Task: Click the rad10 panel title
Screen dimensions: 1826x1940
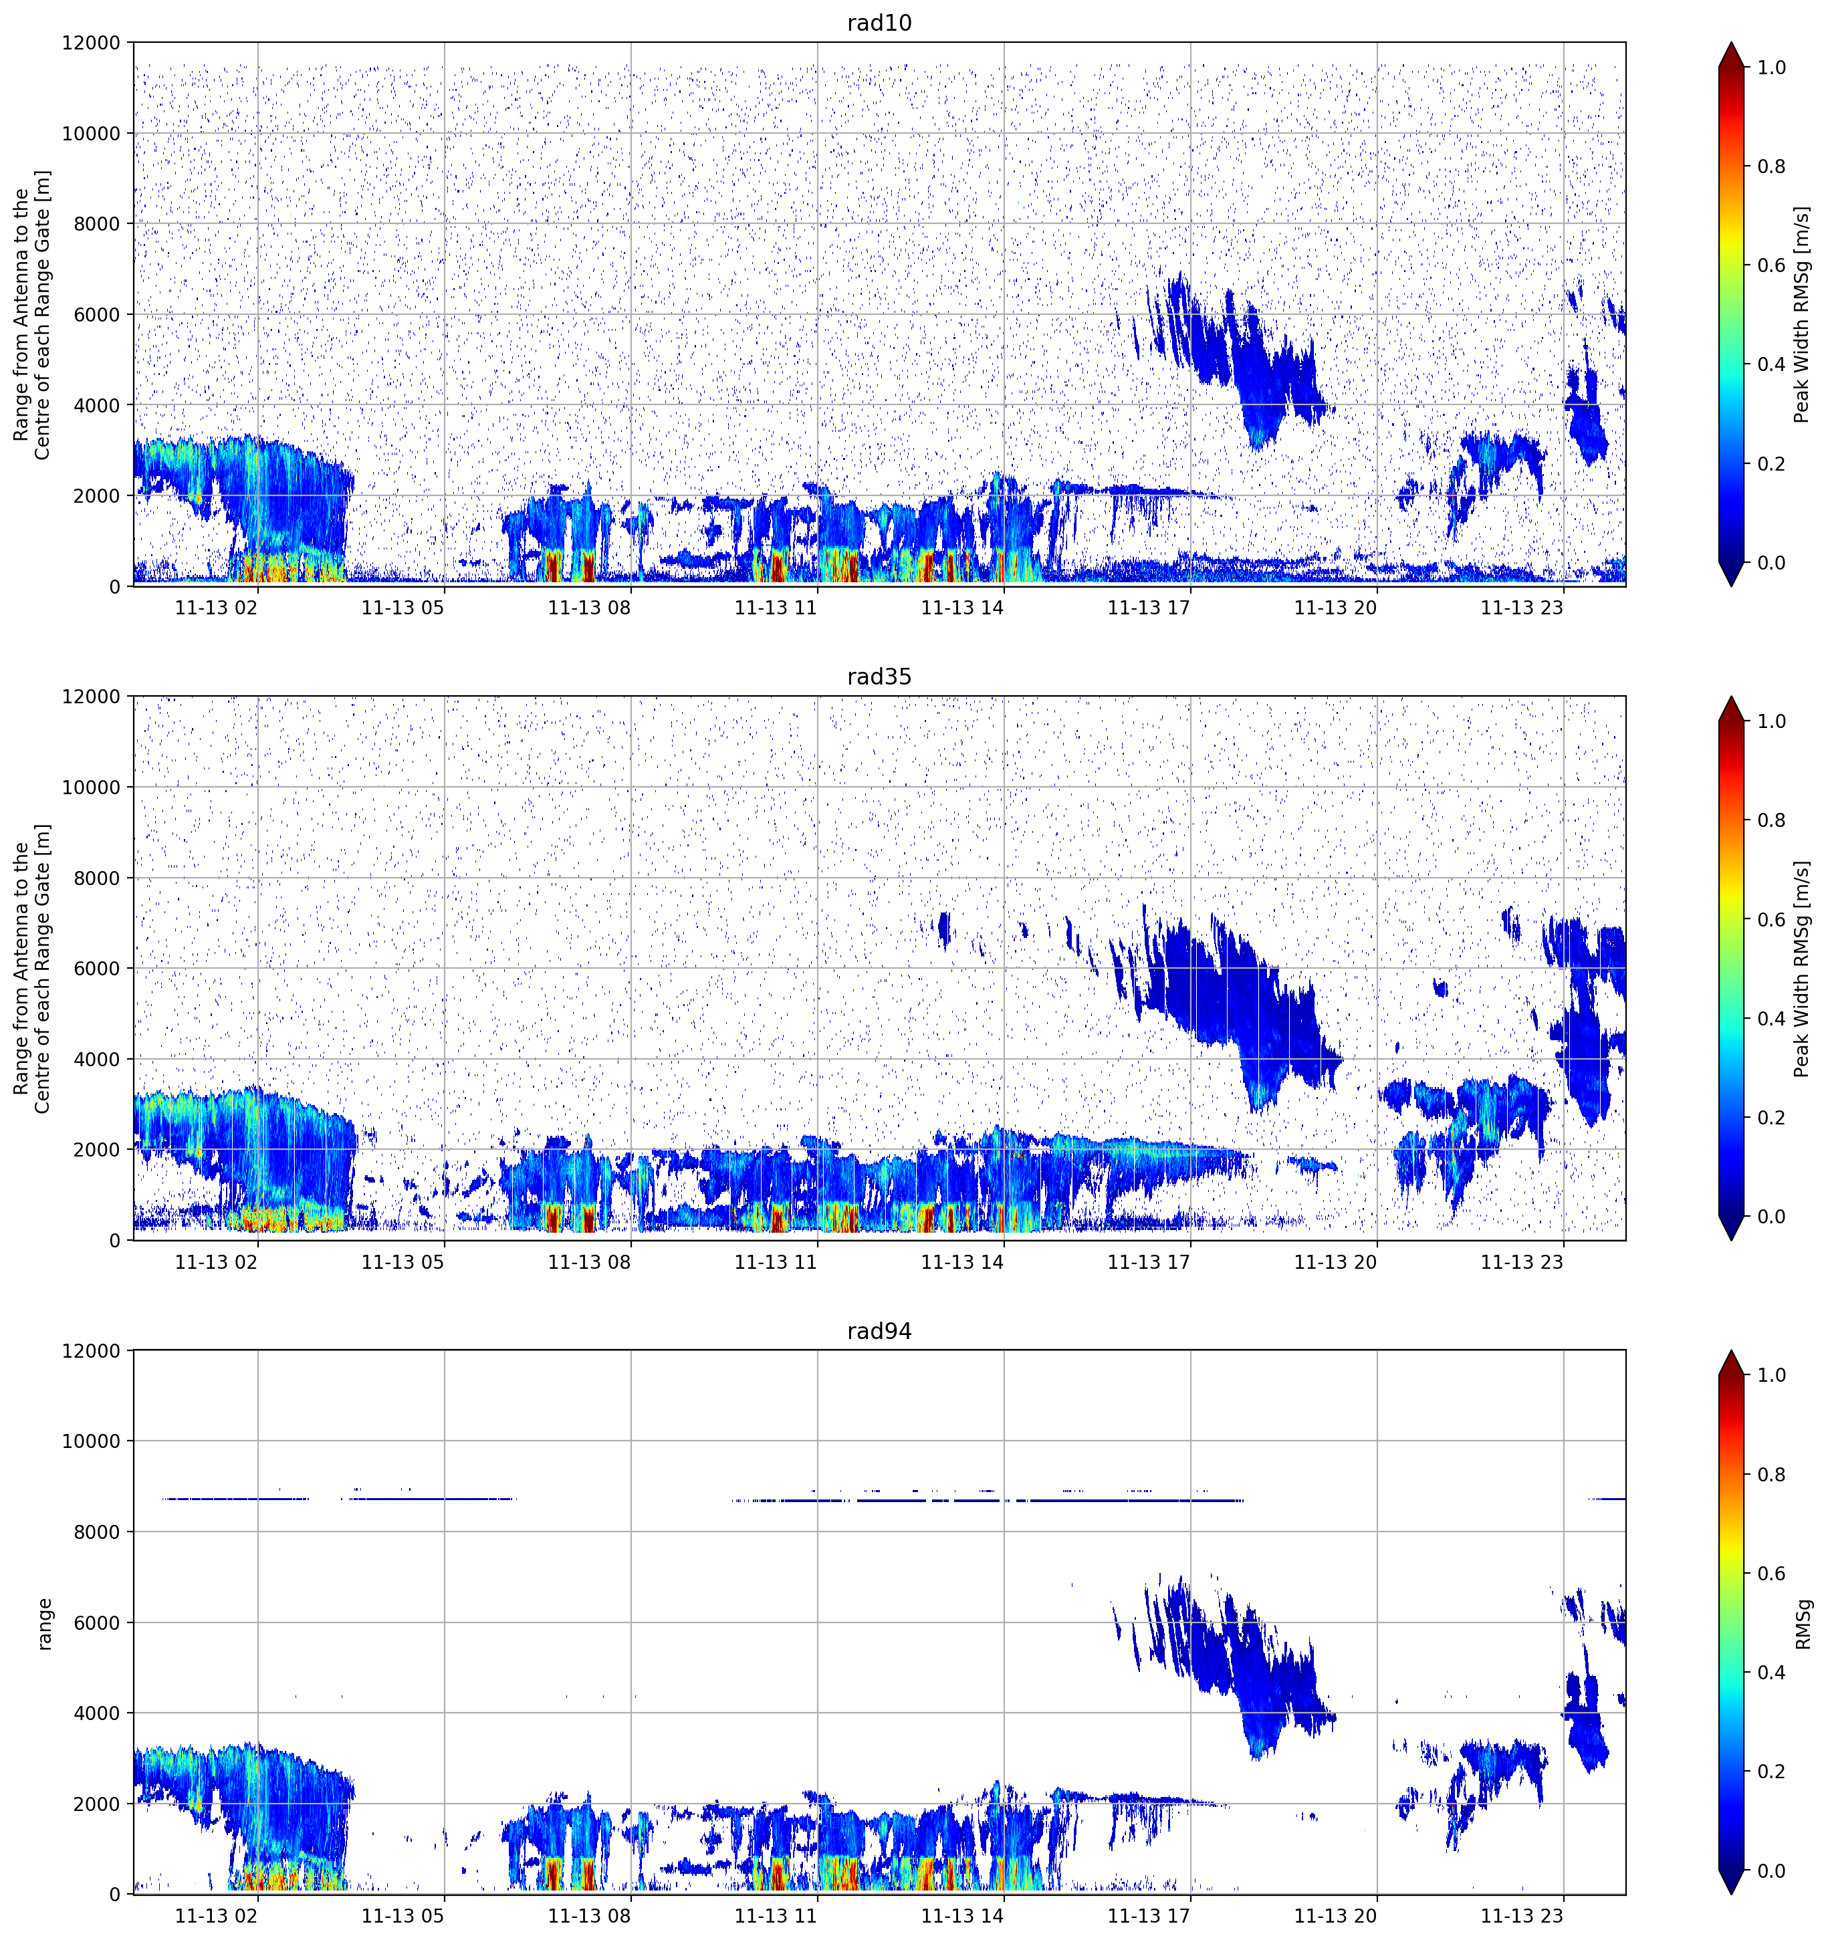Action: (x=879, y=23)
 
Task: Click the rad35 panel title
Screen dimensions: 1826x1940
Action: (x=879, y=677)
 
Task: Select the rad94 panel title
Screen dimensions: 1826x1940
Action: (x=879, y=1331)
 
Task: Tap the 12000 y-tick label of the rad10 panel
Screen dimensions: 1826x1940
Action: (x=91, y=43)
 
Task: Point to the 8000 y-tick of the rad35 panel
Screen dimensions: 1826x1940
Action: (x=97, y=878)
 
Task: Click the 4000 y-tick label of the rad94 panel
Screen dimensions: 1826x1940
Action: (x=97, y=1713)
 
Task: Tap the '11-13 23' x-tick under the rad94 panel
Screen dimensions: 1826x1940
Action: (x=1522, y=1917)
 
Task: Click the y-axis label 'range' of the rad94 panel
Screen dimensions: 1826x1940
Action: (x=44, y=1624)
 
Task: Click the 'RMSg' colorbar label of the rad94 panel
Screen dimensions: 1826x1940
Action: (x=1803, y=1624)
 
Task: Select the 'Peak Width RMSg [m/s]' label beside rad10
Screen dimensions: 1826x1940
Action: (x=1802, y=314)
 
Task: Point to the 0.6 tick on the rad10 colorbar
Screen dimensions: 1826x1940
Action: (x=1771, y=265)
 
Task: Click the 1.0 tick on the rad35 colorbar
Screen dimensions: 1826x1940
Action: (x=1771, y=721)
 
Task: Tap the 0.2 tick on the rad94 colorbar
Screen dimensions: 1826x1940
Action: (x=1771, y=1771)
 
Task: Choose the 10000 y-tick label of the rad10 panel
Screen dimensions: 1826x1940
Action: (x=91, y=134)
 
